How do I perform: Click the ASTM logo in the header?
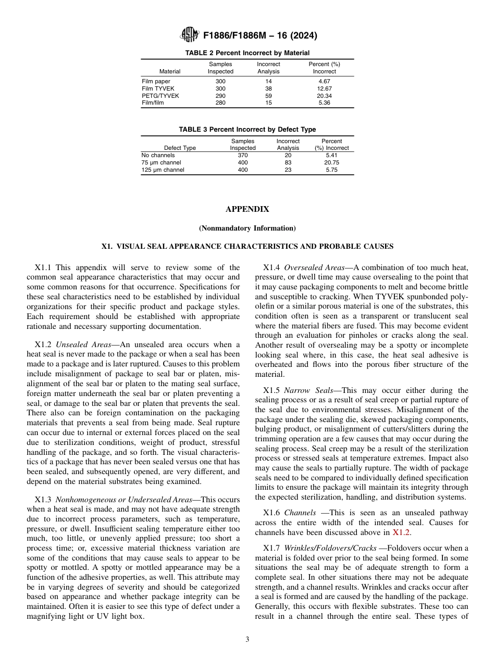pos(189,35)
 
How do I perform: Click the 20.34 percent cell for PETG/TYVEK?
pos(324,96)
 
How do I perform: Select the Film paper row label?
pos(156,81)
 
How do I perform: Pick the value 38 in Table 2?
pos(268,88)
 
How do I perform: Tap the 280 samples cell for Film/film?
pos(220,103)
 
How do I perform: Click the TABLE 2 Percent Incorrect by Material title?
pos(247,53)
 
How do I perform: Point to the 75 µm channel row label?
pos(161,162)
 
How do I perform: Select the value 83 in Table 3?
pos(288,162)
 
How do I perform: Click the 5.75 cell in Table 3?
pos(331,170)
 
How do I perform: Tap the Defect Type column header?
pos(180,148)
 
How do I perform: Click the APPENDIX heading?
pos(247,209)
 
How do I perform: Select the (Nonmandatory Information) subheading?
pos(247,228)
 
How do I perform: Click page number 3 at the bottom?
pos(247,640)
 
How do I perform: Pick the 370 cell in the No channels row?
pos(242,155)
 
